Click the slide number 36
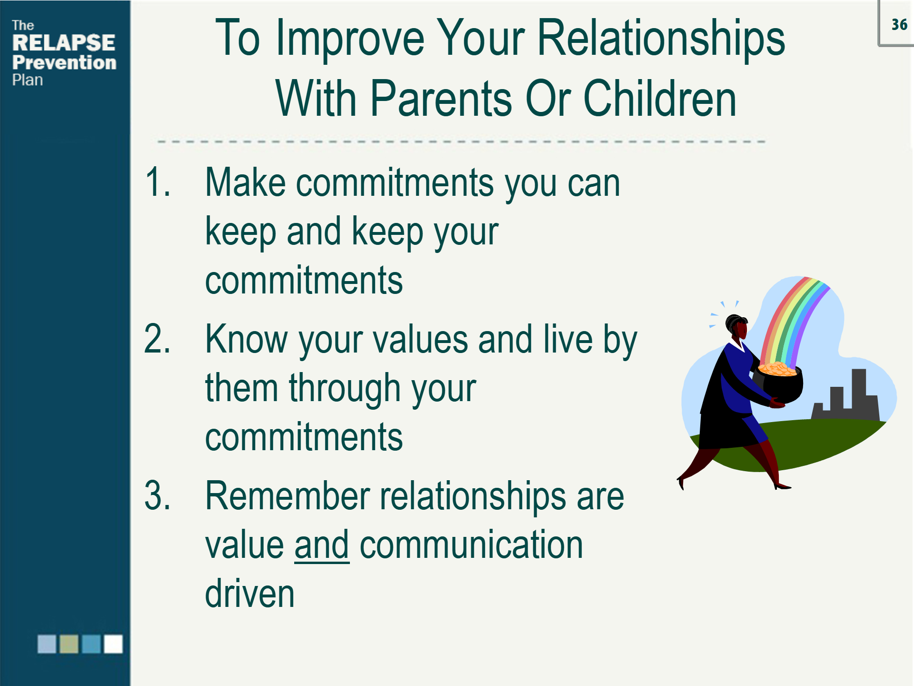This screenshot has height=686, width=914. [x=899, y=25]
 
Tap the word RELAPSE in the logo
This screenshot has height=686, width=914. [x=64, y=43]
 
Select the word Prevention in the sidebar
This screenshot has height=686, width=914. [x=64, y=62]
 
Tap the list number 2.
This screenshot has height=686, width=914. [x=158, y=339]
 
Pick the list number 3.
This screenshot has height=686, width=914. [x=158, y=495]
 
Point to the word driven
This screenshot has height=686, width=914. [x=250, y=593]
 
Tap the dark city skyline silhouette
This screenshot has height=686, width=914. [x=845, y=395]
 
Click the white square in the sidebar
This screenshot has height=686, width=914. [x=113, y=644]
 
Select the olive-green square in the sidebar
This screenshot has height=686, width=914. [x=69, y=644]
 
